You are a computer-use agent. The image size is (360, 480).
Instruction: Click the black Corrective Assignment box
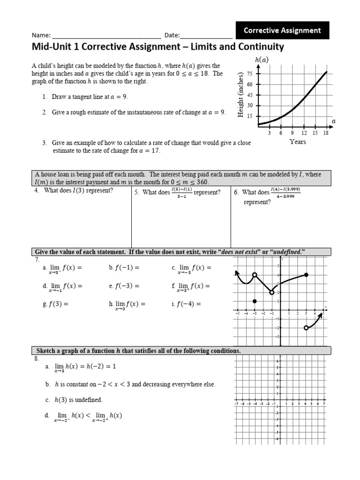(x=283, y=30)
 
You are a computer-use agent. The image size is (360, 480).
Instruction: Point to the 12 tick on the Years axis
(x=304, y=133)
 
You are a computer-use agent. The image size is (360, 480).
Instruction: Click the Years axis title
(x=298, y=142)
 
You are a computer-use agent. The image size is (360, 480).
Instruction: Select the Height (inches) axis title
(x=241, y=95)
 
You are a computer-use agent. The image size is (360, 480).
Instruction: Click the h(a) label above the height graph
(x=262, y=60)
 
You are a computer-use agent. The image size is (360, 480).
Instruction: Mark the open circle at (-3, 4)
(x=255, y=275)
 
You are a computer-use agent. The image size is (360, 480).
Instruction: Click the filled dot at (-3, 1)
(x=255, y=301)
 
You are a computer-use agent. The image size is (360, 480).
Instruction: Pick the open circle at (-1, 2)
(x=271, y=292)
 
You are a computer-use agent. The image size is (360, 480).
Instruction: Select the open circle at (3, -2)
(x=306, y=328)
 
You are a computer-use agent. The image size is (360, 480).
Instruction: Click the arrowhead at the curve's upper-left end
(x=237, y=272)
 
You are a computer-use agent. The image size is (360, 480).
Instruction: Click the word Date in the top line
(x=171, y=35)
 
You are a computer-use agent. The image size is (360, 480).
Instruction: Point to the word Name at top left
(x=40, y=35)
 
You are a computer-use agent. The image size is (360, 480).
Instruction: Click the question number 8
(x=36, y=359)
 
